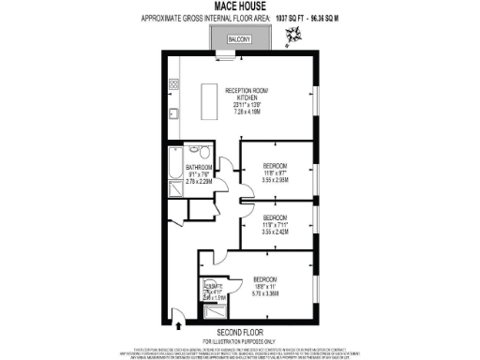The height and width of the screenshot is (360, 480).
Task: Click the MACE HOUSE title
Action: point(239,7)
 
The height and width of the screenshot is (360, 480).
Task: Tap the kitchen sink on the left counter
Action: point(174,116)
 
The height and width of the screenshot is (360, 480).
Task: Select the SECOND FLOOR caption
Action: point(240,332)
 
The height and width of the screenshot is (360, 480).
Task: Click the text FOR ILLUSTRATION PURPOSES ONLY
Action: point(240,340)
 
